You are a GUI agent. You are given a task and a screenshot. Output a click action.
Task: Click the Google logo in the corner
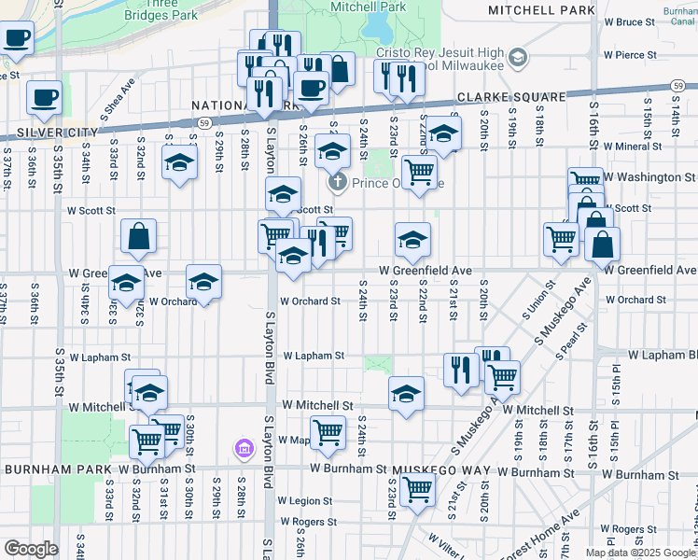pos(30,549)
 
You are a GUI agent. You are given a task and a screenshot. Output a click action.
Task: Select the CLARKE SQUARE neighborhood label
pos(510,97)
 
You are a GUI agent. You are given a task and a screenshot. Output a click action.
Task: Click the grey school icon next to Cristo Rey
pos(518,60)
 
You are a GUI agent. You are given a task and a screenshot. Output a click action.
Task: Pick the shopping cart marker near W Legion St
pos(417,487)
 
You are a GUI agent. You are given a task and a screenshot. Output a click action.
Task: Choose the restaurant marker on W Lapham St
pos(460,369)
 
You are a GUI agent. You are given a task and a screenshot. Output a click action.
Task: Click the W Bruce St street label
pos(649,21)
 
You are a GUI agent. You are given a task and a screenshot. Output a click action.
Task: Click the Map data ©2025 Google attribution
pos(640,552)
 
